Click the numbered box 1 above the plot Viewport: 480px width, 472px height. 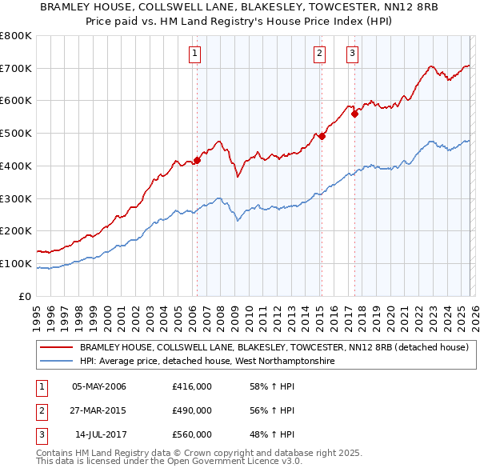pyautogui.click(x=195, y=54)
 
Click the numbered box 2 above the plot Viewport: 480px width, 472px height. pyautogui.click(x=319, y=54)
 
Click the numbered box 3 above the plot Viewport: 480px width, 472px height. pyautogui.click(x=352, y=54)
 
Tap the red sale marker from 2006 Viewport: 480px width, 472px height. pyautogui.click(x=197, y=160)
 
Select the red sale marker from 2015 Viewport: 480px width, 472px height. pyautogui.click(x=322, y=136)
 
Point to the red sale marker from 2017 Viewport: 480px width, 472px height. pyautogui.click(x=354, y=114)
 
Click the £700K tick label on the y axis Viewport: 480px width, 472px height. pyautogui.click(x=16, y=69)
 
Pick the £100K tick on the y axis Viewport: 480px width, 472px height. pyautogui.click(x=16, y=263)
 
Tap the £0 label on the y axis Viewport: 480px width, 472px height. pyautogui.click(x=24, y=296)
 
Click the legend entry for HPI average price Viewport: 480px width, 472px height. pyautogui.click(x=206, y=362)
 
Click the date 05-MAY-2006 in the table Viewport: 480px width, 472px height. pyautogui.click(x=99, y=387)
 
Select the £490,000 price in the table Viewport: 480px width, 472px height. pyautogui.click(x=192, y=410)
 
